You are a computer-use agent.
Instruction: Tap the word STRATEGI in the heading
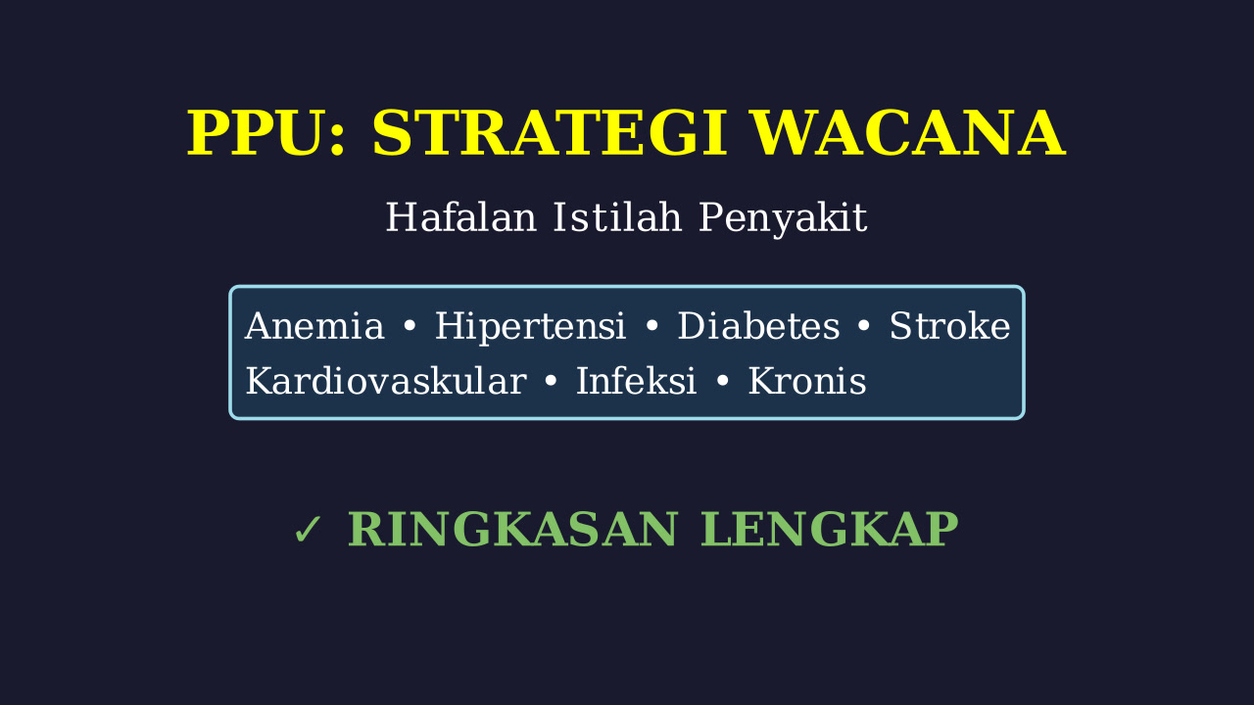coord(550,133)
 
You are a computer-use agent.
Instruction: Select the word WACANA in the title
coord(908,133)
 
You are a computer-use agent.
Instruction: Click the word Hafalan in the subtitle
coord(461,217)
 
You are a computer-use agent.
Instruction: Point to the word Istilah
coord(617,216)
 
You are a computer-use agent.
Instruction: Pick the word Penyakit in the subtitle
coord(783,218)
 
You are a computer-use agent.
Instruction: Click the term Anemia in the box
coord(314,326)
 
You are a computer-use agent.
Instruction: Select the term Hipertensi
coord(530,327)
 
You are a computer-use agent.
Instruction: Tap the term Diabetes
coord(758,326)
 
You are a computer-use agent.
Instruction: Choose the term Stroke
coord(950,325)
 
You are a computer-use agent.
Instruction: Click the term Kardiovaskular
coord(386,381)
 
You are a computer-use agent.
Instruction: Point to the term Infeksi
coord(637,381)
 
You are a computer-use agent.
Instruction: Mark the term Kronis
coord(807,381)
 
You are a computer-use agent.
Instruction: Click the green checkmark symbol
coord(308,530)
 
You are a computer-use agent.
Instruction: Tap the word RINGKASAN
coord(512,530)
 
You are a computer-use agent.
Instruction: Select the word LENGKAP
coord(830,530)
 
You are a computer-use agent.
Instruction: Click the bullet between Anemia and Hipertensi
coord(410,326)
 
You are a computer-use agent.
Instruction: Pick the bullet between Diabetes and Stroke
coord(864,326)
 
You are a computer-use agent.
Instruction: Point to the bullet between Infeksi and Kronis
coord(723,381)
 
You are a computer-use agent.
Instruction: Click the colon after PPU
coord(336,140)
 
